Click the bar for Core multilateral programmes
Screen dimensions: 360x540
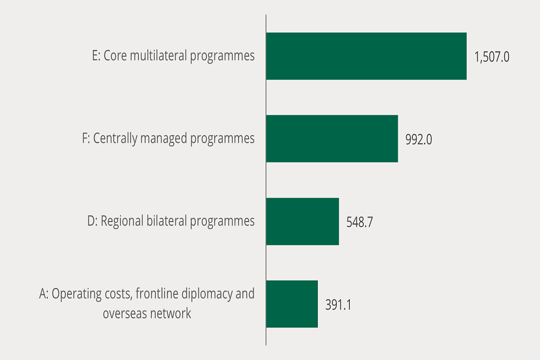click(x=366, y=56)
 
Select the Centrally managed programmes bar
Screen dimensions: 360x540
click(x=332, y=139)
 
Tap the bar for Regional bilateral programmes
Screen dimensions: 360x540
click(x=302, y=221)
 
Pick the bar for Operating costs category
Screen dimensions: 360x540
click(x=291, y=304)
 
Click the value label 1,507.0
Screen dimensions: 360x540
click(x=492, y=57)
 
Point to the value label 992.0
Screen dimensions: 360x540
click(x=418, y=139)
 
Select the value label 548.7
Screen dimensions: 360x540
click(x=359, y=222)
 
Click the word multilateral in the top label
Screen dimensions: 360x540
click(x=163, y=56)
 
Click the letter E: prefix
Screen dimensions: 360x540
click(x=96, y=56)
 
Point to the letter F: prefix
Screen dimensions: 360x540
click(x=86, y=138)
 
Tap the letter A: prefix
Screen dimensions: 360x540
click(x=44, y=294)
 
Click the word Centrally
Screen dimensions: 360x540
click(x=115, y=139)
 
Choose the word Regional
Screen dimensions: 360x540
click(x=122, y=221)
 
